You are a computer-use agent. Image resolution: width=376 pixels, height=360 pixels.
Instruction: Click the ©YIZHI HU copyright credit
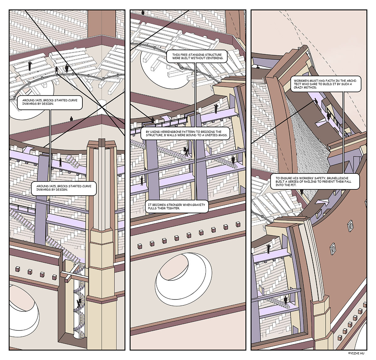pos(356,353)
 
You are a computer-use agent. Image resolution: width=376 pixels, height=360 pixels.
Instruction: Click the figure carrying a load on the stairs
pos(186,151)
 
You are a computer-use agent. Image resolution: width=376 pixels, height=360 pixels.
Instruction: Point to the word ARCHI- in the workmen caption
pos(352,81)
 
